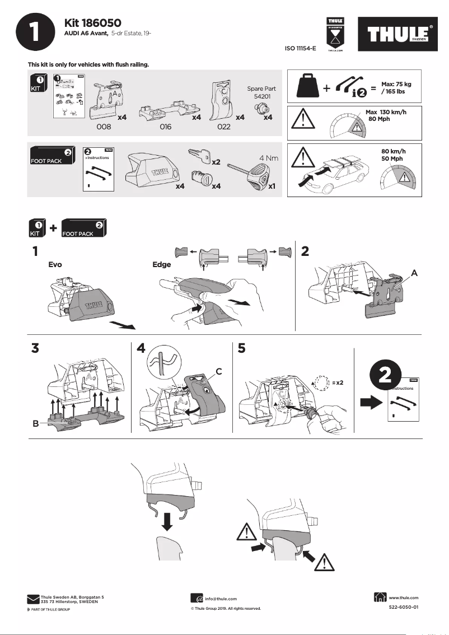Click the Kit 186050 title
pyautogui.click(x=93, y=23)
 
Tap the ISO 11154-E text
pyautogui.click(x=301, y=49)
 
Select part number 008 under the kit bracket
pyautogui.click(x=104, y=127)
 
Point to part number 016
pyautogui.click(x=165, y=127)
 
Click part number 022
pyautogui.click(x=224, y=127)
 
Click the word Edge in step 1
pyautogui.click(x=162, y=265)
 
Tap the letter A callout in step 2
pyautogui.click(x=414, y=272)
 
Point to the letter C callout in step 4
pyautogui.click(x=219, y=370)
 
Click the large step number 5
pyautogui.click(x=242, y=348)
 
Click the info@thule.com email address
pyautogui.click(x=221, y=599)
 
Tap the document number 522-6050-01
pyautogui.click(x=403, y=607)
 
